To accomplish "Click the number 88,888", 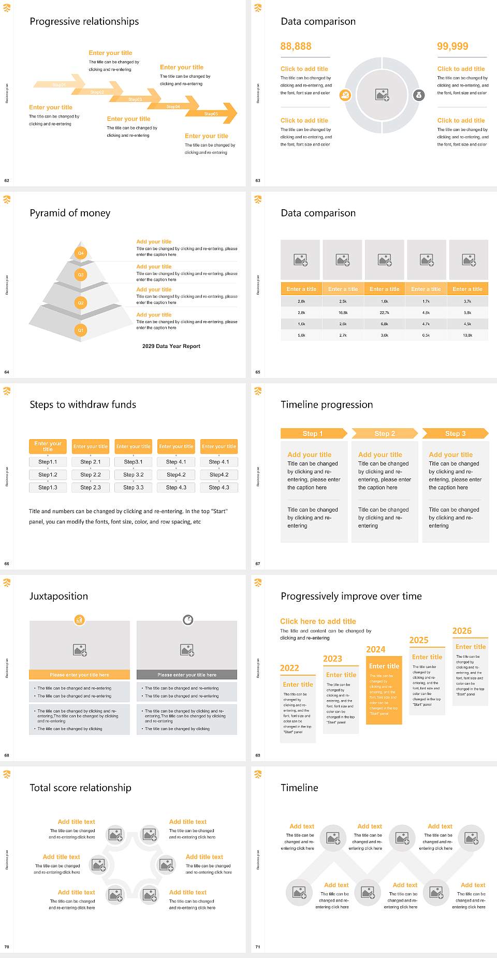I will tap(296, 47).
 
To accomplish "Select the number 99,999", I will tap(452, 47).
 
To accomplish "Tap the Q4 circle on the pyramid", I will tap(81, 253).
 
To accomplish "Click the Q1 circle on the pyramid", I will tap(81, 330).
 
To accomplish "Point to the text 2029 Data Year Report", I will tap(171, 346).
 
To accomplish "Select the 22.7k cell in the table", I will tap(384, 313).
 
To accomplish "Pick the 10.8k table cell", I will tap(467, 336).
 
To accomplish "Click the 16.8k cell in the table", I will tap(343, 313).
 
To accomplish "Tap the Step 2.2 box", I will tap(91, 474).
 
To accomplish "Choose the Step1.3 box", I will tap(48, 487).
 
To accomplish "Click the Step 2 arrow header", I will tap(385, 433).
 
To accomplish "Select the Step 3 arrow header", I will tap(455, 433).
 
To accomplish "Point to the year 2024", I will tap(375, 649).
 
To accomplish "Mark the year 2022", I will tap(289, 668).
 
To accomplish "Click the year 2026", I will tap(462, 631).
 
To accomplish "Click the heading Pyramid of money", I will tap(70, 213).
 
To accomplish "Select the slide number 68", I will tap(7, 755).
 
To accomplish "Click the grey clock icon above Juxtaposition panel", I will tap(188, 620).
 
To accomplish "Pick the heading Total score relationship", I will tap(80, 788).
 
